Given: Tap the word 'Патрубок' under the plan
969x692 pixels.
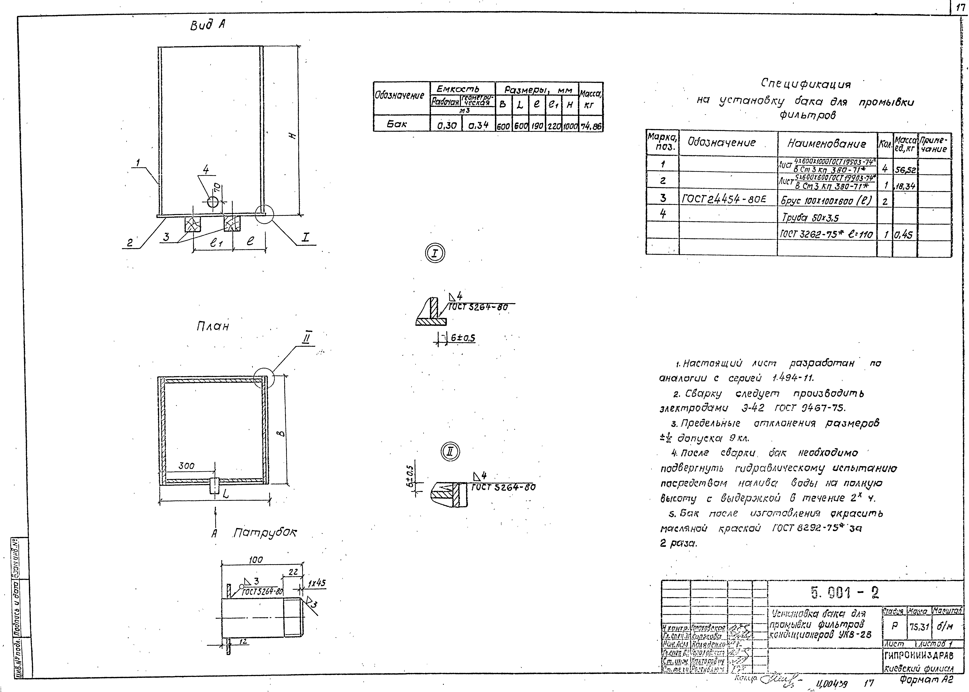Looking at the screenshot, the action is pyautogui.click(x=265, y=533).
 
